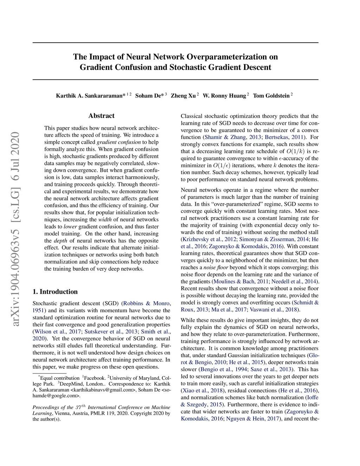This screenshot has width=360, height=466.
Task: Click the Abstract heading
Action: [101, 116]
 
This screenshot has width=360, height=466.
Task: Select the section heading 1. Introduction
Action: [55, 292]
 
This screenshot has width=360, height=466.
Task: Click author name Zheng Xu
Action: [183, 96]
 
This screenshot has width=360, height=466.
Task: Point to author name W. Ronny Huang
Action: [224, 96]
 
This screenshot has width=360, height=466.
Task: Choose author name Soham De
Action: [149, 96]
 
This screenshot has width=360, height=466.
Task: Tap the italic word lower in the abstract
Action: [70, 226]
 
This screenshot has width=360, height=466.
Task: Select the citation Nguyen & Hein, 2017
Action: [252, 419]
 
